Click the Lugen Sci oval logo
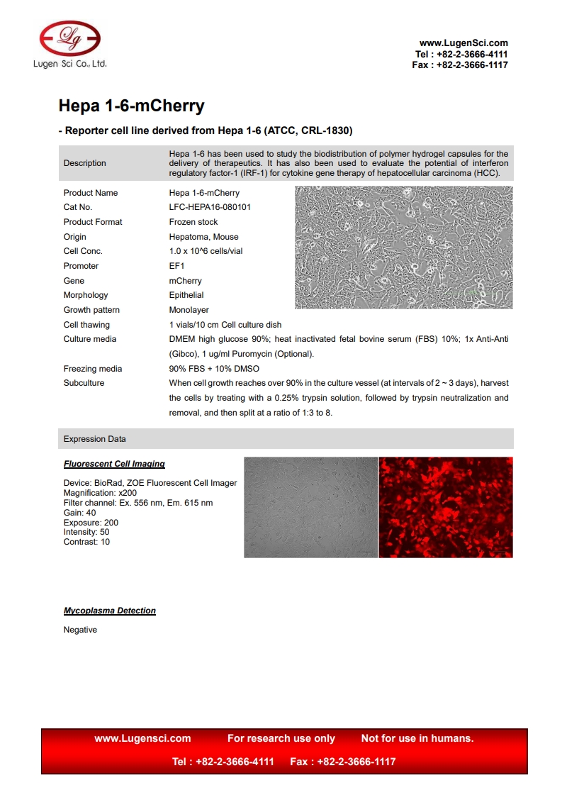pyautogui.click(x=69, y=38)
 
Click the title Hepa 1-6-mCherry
pyautogui.click(x=131, y=106)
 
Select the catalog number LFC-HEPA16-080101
pyautogui.click(x=209, y=207)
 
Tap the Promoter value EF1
pyautogui.click(x=176, y=266)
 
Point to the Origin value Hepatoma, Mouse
pyautogui.click(x=203, y=237)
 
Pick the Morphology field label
pyautogui.click(x=86, y=295)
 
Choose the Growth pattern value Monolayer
pyautogui.click(x=189, y=310)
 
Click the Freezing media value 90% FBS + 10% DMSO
pyautogui.click(x=214, y=369)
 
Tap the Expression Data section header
pyautogui.click(x=94, y=439)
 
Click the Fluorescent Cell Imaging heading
pyautogui.click(x=114, y=464)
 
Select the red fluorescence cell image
pyautogui.click(x=446, y=507)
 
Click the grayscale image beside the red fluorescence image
pyautogui.click(x=310, y=507)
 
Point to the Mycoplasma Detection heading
pyautogui.click(x=110, y=611)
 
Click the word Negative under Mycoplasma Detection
pyautogui.click(x=80, y=630)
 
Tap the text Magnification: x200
pyautogui.click(x=100, y=493)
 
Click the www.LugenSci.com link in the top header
pyautogui.click(x=463, y=43)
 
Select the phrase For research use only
pyautogui.click(x=281, y=738)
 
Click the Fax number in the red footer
pyautogui.click(x=343, y=762)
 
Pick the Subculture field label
pyautogui.click(x=84, y=383)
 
